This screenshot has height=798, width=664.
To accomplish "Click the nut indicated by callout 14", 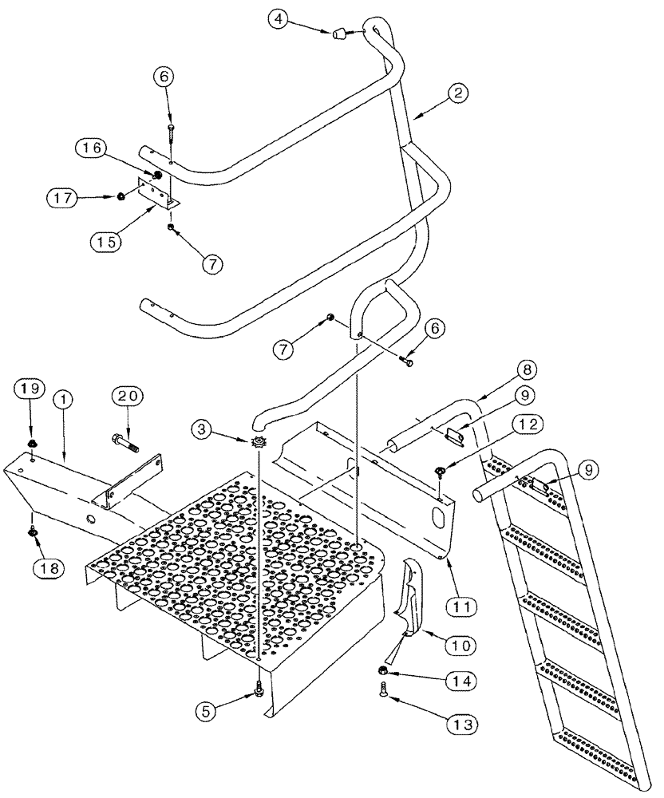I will click(x=384, y=671).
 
